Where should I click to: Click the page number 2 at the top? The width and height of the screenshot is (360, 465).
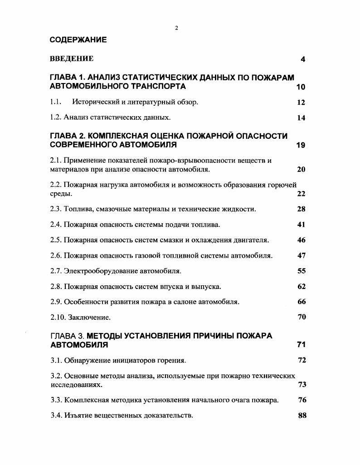click(x=176, y=28)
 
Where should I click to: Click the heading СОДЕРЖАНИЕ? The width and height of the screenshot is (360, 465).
click(x=78, y=40)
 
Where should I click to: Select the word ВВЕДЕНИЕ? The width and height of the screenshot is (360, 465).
click(x=72, y=59)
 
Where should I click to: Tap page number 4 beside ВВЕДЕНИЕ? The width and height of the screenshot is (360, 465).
click(x=303, y=59)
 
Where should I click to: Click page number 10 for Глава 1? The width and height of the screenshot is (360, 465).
click(x=301, y=87)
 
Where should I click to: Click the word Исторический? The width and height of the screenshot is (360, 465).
click(x=95, y=102)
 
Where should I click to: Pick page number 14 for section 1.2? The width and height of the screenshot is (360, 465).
click(x=301, y=118)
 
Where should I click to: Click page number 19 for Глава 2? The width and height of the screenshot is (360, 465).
click(x=301, y=146)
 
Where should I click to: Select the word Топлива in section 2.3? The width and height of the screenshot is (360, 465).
click(x=77, y=209)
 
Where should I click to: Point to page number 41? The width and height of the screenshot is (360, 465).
click(x=302, y=225)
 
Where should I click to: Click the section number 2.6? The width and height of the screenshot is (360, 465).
click(x=55, y=255)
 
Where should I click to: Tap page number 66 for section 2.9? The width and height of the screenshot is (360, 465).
click(x=302, y=302)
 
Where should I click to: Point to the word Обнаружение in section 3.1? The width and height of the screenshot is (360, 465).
click(x=87, y=361)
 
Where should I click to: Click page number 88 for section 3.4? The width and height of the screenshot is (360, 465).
click(x=302, y=415)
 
